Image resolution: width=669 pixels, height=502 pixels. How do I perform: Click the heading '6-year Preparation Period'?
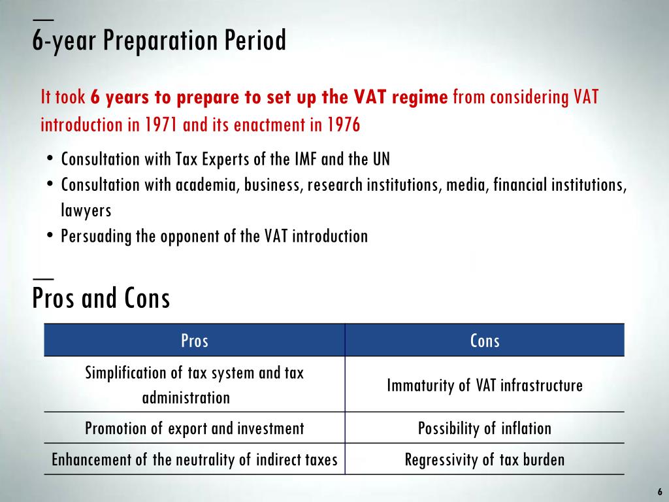pos(159,41)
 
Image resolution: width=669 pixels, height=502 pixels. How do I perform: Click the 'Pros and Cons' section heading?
pos(101,299)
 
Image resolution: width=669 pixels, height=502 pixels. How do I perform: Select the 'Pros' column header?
pos(194,341)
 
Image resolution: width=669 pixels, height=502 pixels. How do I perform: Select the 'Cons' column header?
pos(485,341)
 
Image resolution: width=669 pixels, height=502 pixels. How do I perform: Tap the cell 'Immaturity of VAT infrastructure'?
pos(485,385)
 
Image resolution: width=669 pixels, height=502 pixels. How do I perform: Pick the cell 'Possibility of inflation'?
pos(485,429)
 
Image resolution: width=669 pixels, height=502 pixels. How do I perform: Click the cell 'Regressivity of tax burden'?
pos(485,460)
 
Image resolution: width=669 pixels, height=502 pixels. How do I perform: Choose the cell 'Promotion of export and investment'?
pos(194,429)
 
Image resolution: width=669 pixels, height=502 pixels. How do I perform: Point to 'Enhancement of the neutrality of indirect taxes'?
pos(194,460)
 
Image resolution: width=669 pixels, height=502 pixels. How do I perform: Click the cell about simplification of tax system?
pos(194,384)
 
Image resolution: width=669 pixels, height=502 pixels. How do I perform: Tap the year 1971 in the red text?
pos(163,125)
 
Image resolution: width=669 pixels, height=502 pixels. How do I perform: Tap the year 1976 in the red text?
pos(344,125)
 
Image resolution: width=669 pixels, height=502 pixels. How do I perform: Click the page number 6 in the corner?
pos(659,492)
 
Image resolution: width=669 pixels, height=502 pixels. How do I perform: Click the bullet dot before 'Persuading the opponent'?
pos(50,236)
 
